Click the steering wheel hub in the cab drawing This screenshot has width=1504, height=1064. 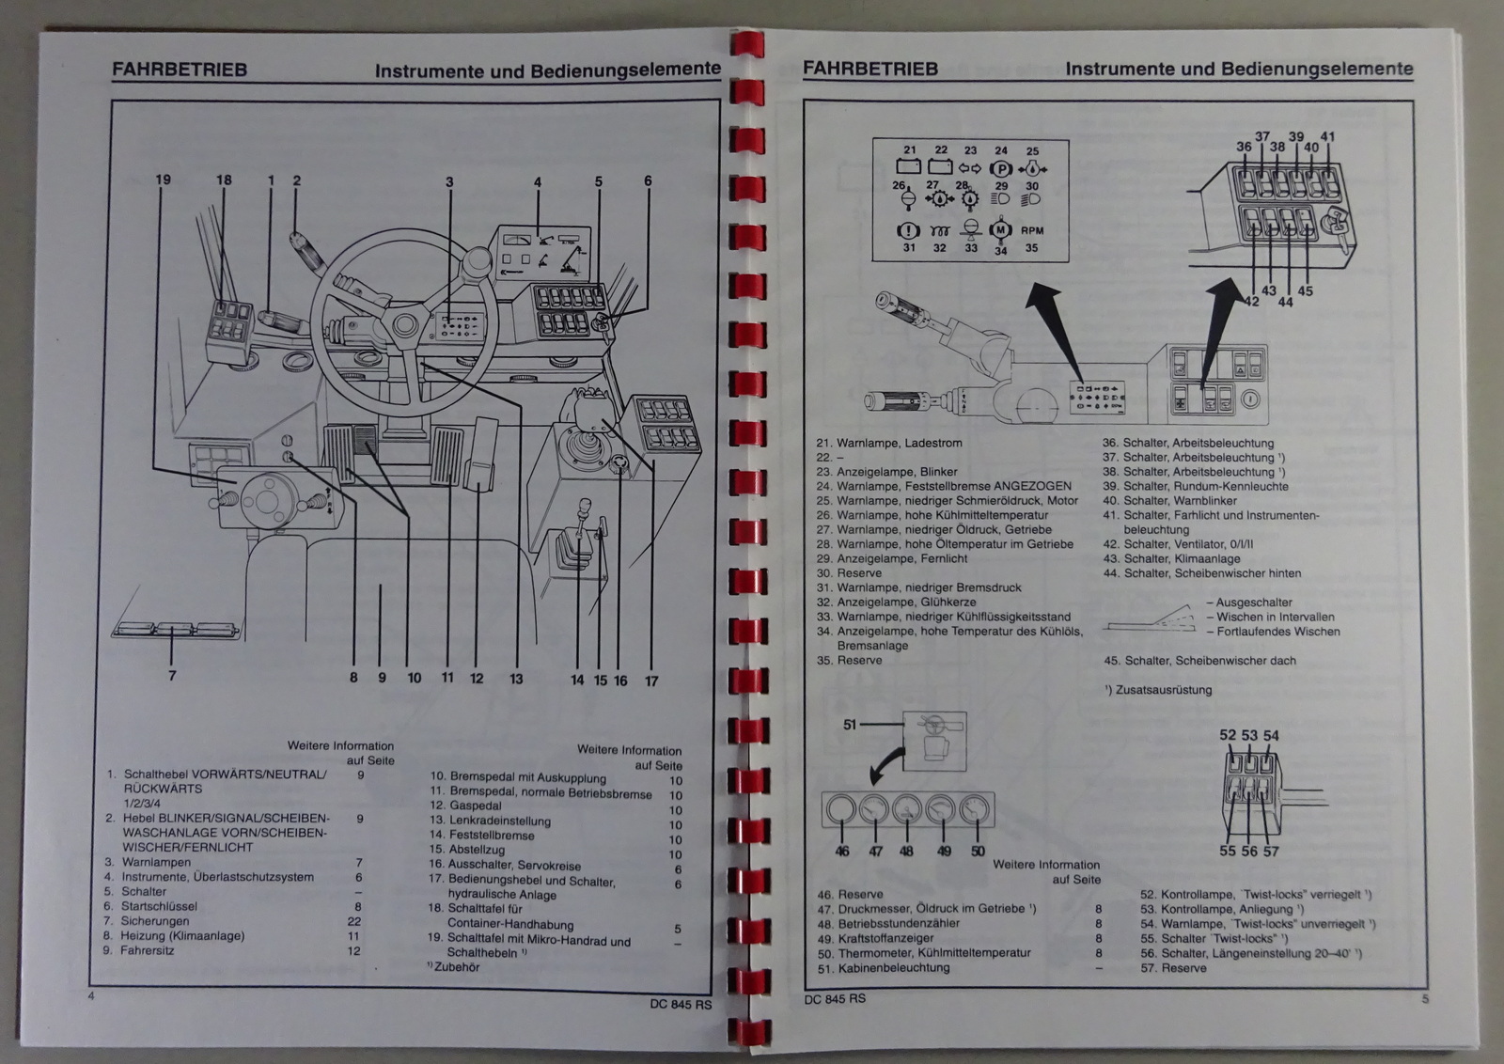pyautogui.click(x=406, y=326)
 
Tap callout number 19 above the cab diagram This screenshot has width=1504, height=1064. pyautogui.click(x=164, y=180)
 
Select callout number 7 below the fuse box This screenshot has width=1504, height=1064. pyautogui.click(x=172, y=674)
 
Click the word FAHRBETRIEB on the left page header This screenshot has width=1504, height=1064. pyautogui.click(x=179, y=69)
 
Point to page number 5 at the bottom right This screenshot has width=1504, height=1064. pyautogui.click(x=1425, y=998)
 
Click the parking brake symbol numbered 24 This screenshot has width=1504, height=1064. pyautogui.click(x=1000, y=170)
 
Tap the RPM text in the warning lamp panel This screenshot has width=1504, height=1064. pyautogui.click(x=1031, y=230)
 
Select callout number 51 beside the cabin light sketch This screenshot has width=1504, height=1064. pyautogui.click(x=850, y=724)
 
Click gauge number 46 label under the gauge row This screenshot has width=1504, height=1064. pyautogui.click(x=841, y=851)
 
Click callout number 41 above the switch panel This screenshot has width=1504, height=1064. pyautogui.click(x=1328, y=136)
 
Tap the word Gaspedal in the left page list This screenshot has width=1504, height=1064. pyautogui.click(x=476, y=806)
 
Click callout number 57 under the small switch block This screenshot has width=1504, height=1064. pyautogui.click(x=1271, y=851)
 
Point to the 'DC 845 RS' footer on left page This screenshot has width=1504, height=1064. pyautogui.click(x=681, y=1004)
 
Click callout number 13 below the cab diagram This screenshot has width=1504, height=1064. pyautogui.click(x=515, y=678)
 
